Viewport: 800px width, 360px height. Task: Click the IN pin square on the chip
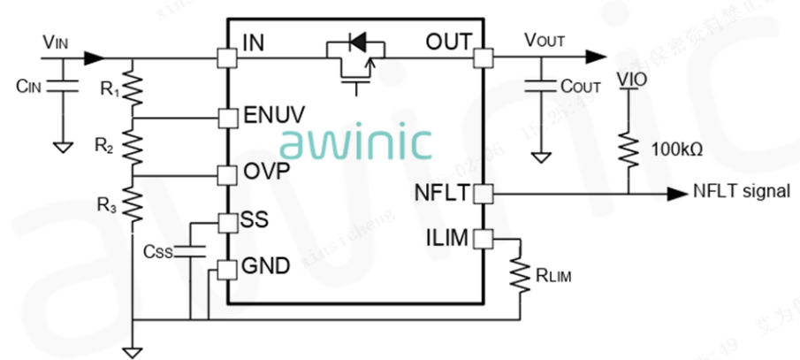click(x=227, y=58)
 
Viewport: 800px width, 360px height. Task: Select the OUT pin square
click(x=483, y=58)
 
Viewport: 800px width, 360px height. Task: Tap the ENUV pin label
click(x=273, y=115)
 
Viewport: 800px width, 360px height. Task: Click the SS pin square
click(x=227, y=220)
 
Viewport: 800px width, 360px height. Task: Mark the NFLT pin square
click(x=483, y=192)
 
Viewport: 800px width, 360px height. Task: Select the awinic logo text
click(x=356, y=142)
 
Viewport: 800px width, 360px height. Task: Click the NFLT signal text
click(x=739, y=191)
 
